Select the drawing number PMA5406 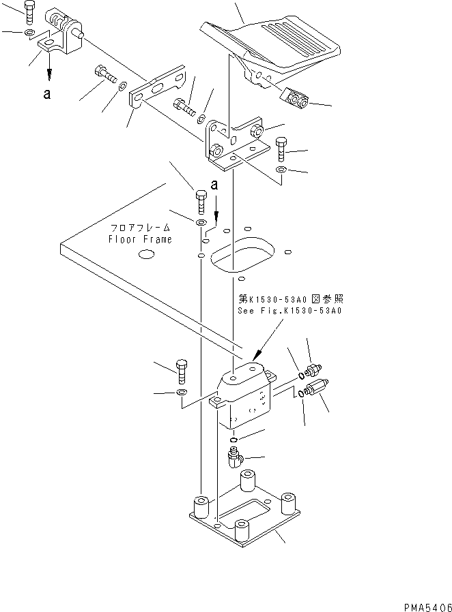(419, 604)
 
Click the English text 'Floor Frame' (141, 239)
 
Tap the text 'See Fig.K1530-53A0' (289, 310)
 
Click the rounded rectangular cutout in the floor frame (242, 254)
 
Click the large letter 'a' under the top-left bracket (46, 95)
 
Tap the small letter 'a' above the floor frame (214, 185)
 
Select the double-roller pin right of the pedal (295, 99)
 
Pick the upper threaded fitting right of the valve (313, 370)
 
